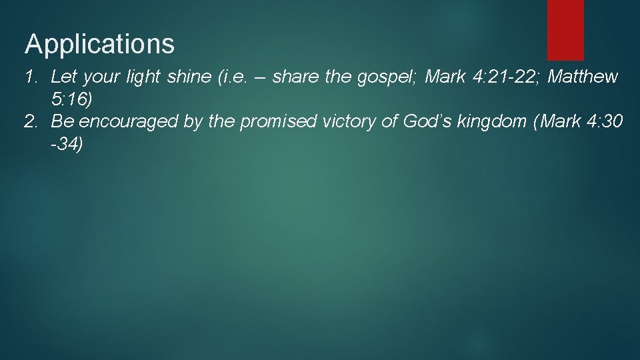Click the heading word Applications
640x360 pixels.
tap(100, 45)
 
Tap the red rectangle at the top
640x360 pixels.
tap(565, 29)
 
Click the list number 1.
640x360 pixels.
tap(31, 77)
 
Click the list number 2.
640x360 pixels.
tap(31, 121)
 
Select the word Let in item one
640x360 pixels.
tap(63, 77)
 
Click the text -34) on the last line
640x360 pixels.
tap(67, 144)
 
